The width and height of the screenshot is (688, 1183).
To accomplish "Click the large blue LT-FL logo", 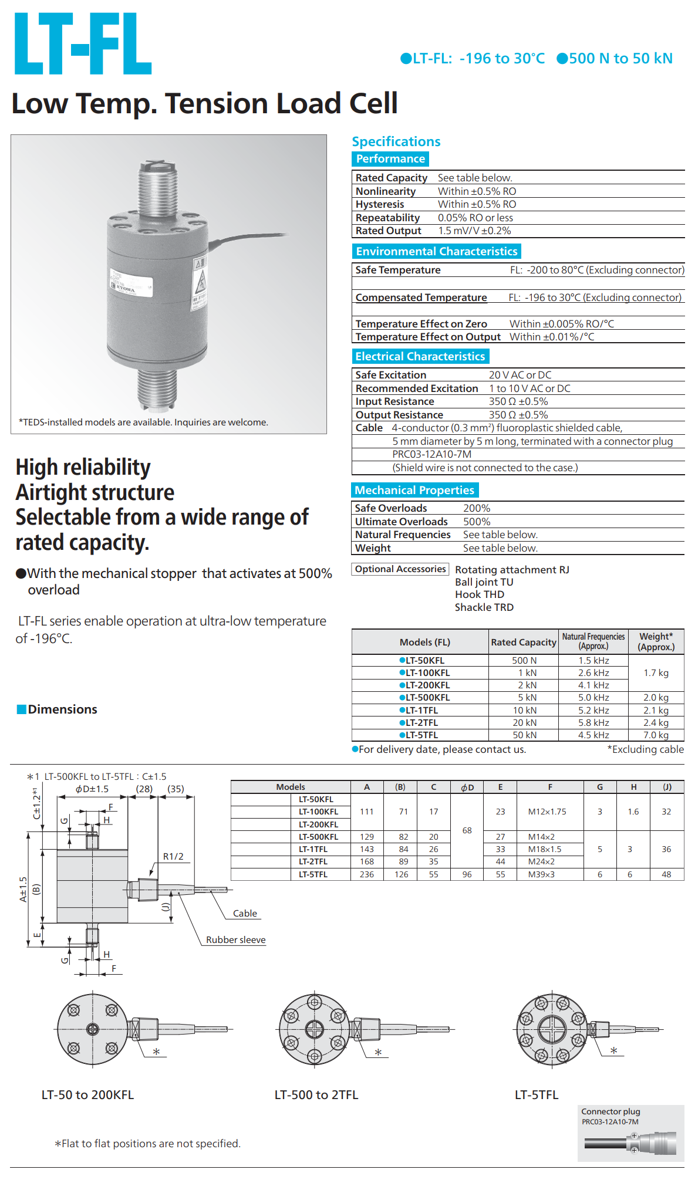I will click(x=83, y=44).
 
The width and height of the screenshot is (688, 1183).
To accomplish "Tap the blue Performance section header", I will click(x=390, y=159).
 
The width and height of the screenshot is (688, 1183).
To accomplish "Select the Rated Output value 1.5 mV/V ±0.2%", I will click(x=474, y=231).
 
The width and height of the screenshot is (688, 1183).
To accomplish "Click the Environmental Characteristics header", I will click(x=437, y=252).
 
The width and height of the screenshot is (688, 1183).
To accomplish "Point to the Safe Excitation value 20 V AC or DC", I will click(x=520, y=375).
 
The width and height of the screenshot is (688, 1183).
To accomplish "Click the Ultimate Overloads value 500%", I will click(x=477, y=522).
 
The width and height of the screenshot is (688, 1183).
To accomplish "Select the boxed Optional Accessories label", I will click(x=400, y=569).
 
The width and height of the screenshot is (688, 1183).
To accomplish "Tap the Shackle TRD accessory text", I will click(x=484, y=607).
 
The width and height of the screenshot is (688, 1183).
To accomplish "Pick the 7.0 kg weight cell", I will click(x=656, y=735).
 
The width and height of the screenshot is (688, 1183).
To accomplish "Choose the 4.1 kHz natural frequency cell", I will click(x=593, y=685).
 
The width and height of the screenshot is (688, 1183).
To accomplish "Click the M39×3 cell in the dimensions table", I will click(x=541, y=875).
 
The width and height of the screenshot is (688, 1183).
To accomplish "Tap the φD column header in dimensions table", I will click(x=467, y=787).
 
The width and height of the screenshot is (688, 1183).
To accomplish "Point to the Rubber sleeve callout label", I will click(x=235, y=940).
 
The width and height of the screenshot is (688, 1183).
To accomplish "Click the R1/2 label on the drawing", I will click(x=173, y=857).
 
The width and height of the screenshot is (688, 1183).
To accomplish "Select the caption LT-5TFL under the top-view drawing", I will click(x=537, y=1095).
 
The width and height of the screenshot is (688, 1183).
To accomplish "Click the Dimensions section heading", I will click(x=62, y=709).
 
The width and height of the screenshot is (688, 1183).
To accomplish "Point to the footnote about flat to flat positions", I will click(x=148, y=1144).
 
